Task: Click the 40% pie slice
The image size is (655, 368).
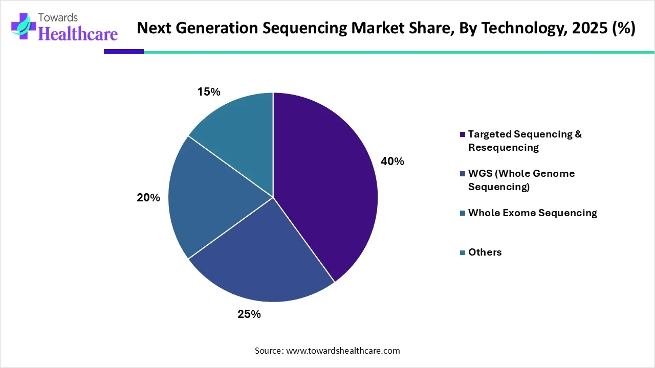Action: pyautogui.click(x=327, y=189)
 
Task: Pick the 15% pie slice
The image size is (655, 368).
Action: pyautogui.click(x=241, y=128)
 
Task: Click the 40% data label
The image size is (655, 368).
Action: pyautogui.click(x=392, y=162)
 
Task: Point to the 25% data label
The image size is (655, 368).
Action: pyautogui.click(x=249, y=314)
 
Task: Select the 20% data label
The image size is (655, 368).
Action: pyautogui.click(x=148, y=197)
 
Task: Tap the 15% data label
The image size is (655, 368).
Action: pyautogui.click(x=209, y=92)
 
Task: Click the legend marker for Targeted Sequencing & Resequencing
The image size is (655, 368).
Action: pyautogui.click(x=463, y=134)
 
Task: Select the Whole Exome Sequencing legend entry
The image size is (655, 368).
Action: pyautogui.click(x=532, y=213)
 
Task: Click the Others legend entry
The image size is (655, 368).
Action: pyautogui.click(x=485, y=252)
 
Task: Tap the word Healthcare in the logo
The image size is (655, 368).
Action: pyautogui.click(x=78, y=34)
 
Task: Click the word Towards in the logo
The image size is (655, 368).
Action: pyautogui.click(x=58, y=18)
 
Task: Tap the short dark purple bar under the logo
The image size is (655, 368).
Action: pyautogui.click(x=123, y=52)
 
